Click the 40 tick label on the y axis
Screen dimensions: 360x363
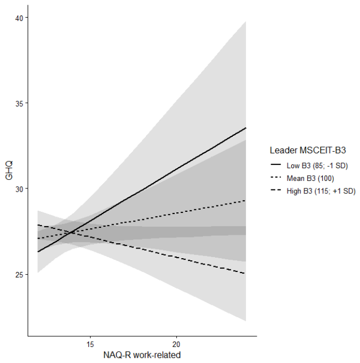(19, 18)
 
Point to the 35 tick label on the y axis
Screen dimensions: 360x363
(19, 104)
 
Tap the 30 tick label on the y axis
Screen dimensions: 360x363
(19, 189)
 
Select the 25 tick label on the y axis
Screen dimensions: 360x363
(19, 275)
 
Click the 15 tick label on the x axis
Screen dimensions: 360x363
(90, 344)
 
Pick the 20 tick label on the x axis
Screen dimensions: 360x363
(176, 344)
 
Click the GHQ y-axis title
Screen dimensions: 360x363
(9, 171)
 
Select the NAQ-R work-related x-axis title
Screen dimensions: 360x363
(142, 355)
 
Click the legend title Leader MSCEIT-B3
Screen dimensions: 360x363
(308, 150)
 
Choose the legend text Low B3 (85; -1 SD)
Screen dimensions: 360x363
(317, 166)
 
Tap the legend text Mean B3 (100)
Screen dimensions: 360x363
(310, 178)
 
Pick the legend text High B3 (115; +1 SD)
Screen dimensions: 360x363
(321, 191)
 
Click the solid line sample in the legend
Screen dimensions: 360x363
(276, 165)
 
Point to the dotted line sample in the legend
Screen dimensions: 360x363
(276, 178)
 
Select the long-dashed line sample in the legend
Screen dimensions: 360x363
(276, 191)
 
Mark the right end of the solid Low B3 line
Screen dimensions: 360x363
(246, 128)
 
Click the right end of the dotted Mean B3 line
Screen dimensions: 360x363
(246, 201)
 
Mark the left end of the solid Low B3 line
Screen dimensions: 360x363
(38, 252)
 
